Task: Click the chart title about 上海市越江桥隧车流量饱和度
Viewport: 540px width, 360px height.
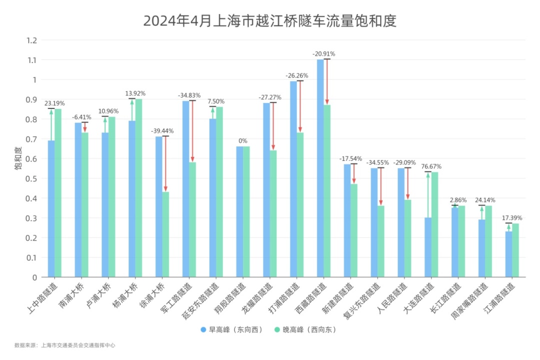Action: click(269, 21)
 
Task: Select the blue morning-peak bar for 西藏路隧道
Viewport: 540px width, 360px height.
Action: click(320, 168)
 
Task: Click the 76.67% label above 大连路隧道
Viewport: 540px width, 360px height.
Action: click(431, 166)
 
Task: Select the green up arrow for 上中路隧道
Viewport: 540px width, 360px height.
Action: click(51, 124)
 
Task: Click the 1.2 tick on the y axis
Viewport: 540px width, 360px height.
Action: click(32, 40)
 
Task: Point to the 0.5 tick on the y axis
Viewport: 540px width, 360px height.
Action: click(32, 178)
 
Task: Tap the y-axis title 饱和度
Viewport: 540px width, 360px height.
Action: click(18, 158)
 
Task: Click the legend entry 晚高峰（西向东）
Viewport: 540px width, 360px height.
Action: click(305, 330)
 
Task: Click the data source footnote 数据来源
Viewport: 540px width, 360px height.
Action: click(65, 345)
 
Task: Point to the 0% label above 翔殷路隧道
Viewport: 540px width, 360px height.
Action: click(242, 141)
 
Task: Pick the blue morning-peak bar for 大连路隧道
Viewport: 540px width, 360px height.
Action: click(428, 247)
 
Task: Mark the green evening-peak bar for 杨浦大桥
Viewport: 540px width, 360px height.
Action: click(138, 188)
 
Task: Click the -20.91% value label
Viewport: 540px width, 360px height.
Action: click(323, 53)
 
